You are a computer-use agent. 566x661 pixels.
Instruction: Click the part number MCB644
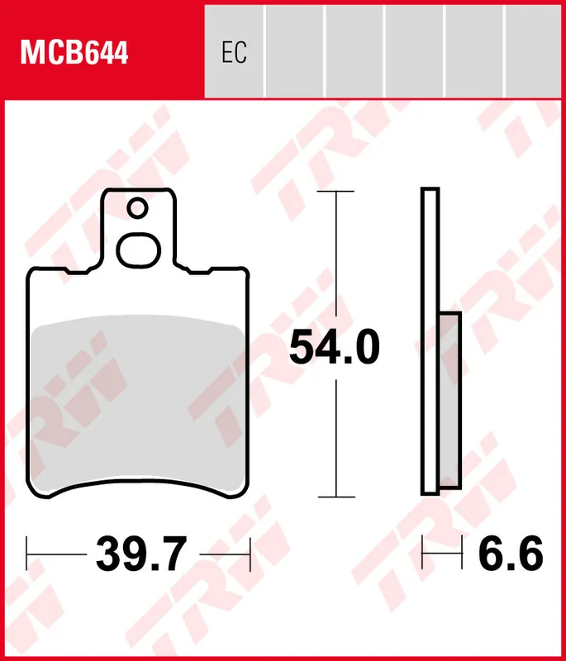click(x=74, y=54)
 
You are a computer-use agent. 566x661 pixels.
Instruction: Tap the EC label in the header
click(x=234, y=54)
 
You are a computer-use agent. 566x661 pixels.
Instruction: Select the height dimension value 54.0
click(x=335, y=348)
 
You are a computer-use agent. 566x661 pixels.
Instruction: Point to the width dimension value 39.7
click(x=141, y=554)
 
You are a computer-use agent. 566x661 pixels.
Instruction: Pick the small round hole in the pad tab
click(x=138, y=207)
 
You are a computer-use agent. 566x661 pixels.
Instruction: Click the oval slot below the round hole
click(x=138, y=249)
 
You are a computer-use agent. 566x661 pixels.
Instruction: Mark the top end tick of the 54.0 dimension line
click(x=336, y=192)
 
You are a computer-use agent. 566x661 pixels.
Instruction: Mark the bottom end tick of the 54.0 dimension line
click(x=336, y=497)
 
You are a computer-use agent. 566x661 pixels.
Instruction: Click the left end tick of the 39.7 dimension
click(x=27, y=554)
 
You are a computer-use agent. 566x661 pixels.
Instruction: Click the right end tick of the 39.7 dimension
click(x=249, y=554)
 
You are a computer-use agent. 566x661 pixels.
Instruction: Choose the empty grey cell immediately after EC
click(x=294, y=51)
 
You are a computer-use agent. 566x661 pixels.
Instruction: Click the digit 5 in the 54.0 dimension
click(x=302, y=348)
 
